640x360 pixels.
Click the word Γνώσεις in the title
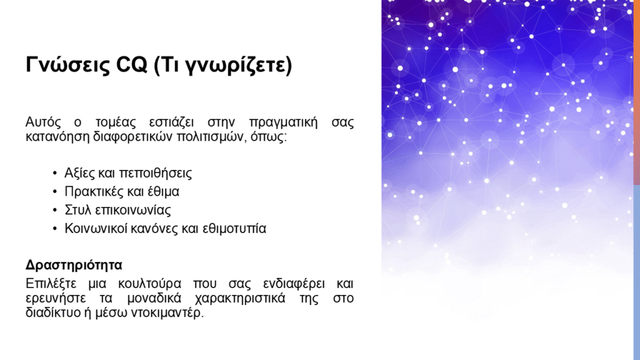(x=67, y=64)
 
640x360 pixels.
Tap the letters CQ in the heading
(x=131, y=64)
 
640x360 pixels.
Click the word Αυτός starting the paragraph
(x=43, y=122)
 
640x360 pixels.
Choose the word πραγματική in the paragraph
(x=283, y=123)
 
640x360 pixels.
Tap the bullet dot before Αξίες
(x=55, y=174)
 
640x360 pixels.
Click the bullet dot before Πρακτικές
(x=55, y=192)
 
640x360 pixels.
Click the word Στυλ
(x=77, y=210)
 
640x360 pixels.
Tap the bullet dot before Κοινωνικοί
(x=55, y=229)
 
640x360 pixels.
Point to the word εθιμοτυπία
(x=234, y=229)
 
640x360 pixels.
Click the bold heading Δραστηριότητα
(x=74, y=265)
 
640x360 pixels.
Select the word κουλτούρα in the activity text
(x=149, y=284)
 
